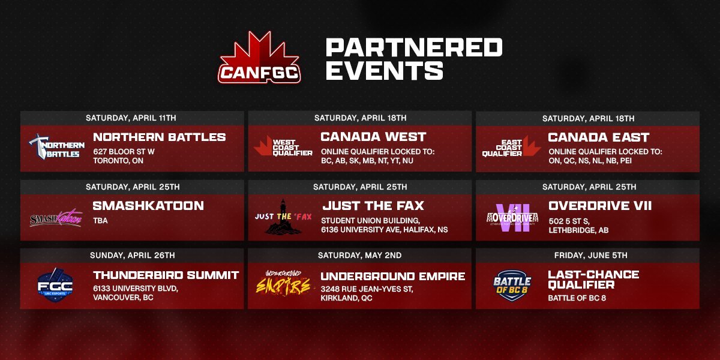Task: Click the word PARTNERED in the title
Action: [x=414, y=47]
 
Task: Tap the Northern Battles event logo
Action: [x=55, y=146]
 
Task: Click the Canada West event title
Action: [x=373, y=137]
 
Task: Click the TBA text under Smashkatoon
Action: [x=100, y=220]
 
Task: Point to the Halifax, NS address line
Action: [x=384, y=230]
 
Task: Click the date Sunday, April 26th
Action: [x=132, y=255]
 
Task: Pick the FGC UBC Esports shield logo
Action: [x=55, y=285]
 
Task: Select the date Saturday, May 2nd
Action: [x=360, y=255]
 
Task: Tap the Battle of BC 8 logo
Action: [x=512, y=283]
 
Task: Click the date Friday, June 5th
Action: [x=588, y=255]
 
